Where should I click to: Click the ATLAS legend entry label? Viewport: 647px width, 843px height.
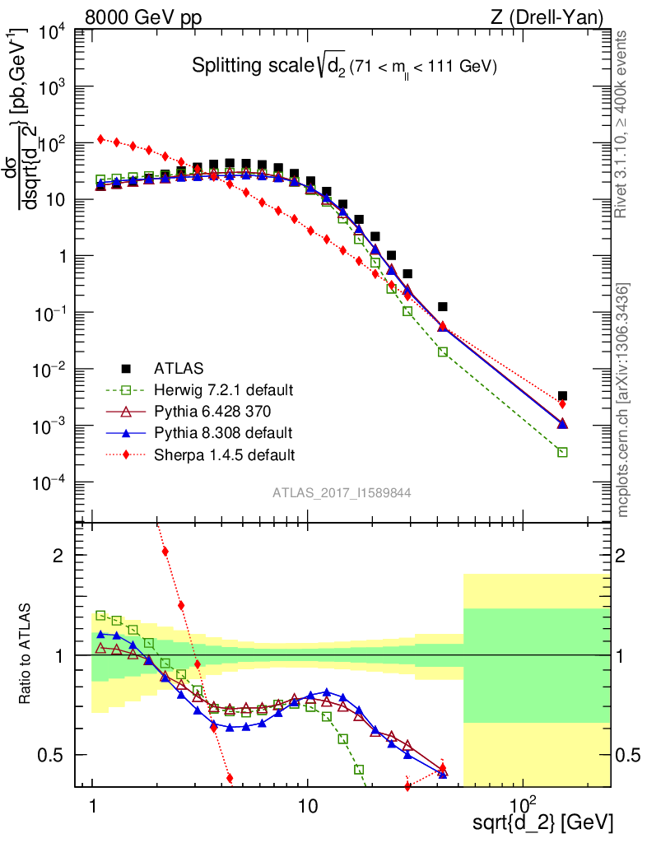[176, 368]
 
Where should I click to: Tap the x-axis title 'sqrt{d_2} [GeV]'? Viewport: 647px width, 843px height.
[543, 822]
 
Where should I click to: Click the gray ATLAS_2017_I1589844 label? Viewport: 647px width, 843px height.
[342, 493]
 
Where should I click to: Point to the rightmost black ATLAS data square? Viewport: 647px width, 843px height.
[562, 396]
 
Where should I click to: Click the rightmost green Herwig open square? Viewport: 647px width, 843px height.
[562, 452]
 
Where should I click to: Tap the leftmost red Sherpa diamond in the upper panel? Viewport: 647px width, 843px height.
[100, 139]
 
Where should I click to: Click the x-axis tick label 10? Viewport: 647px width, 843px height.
[307, 803]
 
